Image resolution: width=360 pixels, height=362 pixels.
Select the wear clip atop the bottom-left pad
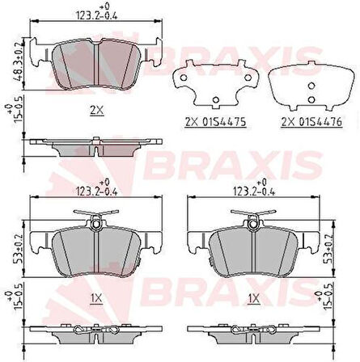[x=97, y=217]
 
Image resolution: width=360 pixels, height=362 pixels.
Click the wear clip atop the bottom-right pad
[x=257, y=217]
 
